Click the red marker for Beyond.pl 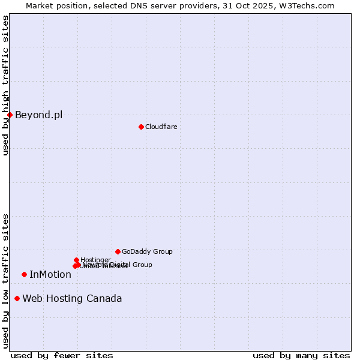pos(10,115)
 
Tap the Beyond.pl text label pos(38,115)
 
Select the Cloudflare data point pos(141,127)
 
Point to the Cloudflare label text pos(161,127)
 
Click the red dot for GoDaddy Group pos(118,251)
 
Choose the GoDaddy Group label pos(147,252)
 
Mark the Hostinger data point pos(76,260)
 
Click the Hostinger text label pos(95,260)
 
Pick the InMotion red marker pos(24,274)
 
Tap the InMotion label pos(50,275)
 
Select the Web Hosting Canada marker pos(17,298)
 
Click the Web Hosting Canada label pos(72,299)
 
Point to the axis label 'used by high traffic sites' pos(5,85)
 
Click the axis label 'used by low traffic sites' pos(5,281)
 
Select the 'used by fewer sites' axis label pos(62,355)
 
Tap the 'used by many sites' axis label pos(301,355)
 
